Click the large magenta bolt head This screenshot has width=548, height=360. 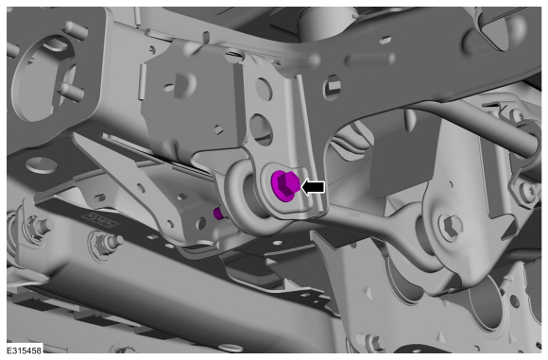tap(284, 185)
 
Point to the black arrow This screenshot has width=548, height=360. tap(313, 187)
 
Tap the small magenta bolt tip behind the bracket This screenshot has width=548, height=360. tap(218, 213)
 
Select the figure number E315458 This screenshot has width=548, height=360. tap(25, 351)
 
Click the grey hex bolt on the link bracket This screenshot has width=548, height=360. tap(451, 224)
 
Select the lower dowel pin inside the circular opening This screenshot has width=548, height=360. tap(72, 92)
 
